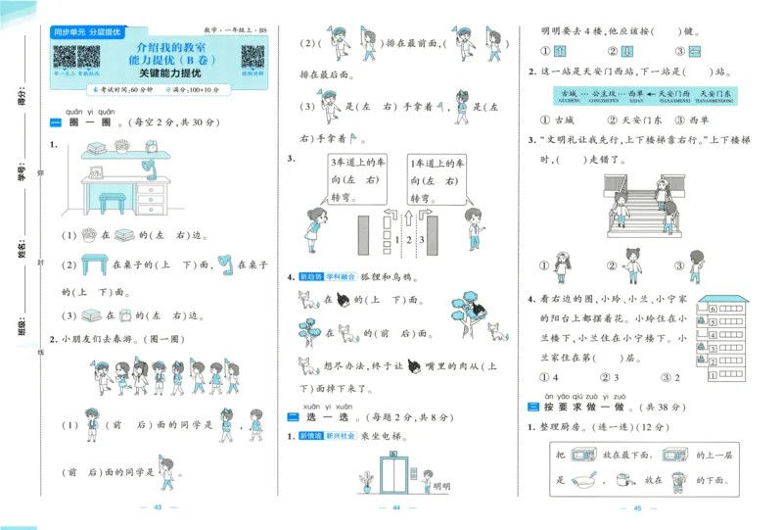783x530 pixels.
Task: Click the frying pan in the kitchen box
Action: [584, 481]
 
